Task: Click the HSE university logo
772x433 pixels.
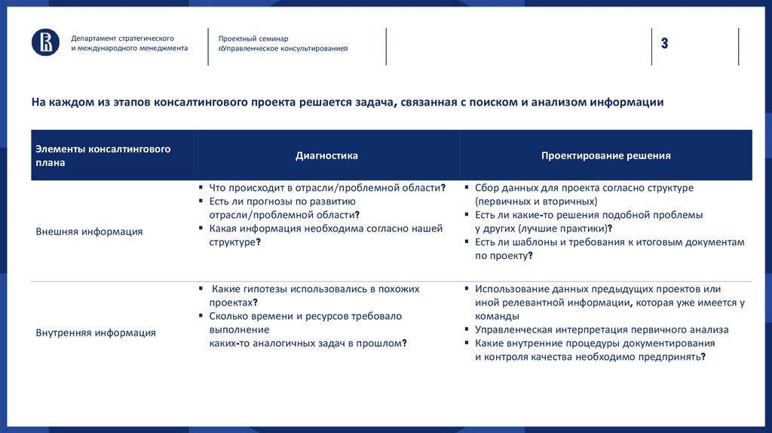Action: tap(45, 42)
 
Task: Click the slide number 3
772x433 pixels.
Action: tap(665, 43)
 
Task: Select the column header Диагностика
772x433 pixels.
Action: tap(326, 155)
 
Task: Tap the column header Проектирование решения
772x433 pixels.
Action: tap(605, 155)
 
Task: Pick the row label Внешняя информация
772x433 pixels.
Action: tap(89, 232)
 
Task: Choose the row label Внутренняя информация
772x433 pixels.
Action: tap(96, 332)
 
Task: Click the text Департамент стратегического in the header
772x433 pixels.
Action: tap(123, 38)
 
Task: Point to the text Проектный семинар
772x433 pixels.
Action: tap(253, 38)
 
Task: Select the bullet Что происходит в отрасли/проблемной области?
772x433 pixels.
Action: tap(327, 188)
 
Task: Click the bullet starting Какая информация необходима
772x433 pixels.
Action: tap(326, 229)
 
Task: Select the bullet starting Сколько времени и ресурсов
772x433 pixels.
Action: tap(305, 316)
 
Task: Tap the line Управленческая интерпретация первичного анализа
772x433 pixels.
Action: tap(602, 330)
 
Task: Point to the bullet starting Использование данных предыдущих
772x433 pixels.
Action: tap(598, 289)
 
